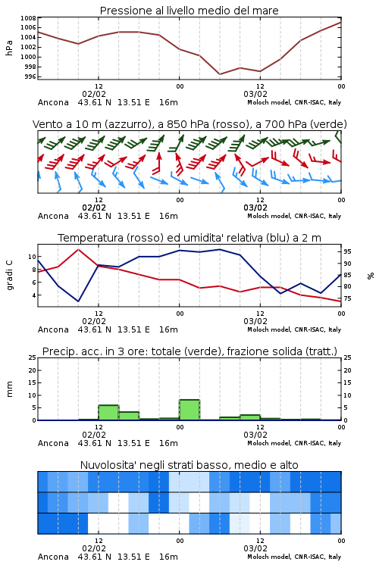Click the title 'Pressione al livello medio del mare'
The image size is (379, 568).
(189, 11)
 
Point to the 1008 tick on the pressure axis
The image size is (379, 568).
(28, 18)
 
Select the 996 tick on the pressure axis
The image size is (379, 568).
(30, 76)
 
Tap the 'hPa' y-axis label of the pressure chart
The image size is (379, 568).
(9, 48)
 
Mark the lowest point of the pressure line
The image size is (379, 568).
(220, 74)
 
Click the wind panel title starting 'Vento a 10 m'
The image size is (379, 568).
(189, 124)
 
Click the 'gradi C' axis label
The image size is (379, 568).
(10, 276)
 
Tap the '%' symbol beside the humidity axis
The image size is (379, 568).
(371, 276)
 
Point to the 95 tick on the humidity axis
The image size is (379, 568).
(347, 251)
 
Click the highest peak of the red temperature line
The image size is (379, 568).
(78, 249)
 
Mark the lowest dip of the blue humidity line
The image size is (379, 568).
(78, 301)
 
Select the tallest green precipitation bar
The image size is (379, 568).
(189, 410)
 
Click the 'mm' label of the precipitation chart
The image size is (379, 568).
(9, 389)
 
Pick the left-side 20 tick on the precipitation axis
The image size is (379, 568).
(33, 370)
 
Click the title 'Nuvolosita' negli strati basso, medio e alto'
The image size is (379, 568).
(189, 465)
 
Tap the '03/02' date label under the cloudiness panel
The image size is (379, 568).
(255, 548)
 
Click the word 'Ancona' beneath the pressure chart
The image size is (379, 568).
(53, 102)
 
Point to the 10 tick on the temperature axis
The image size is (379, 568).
(32, 257)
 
